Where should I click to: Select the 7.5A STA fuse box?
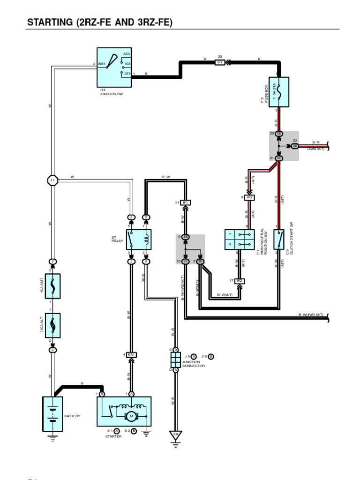point(279,92)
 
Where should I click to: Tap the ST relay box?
point(138,240)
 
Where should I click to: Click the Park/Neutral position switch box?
point(240,240)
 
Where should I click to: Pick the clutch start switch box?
point(279,240)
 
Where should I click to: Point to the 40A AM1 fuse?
point(52,286)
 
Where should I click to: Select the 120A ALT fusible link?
point(52,325)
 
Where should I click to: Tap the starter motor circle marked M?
point(132,416)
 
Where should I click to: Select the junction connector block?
point(175,360)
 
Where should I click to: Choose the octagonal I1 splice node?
point(52,180)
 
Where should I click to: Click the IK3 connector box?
point(249,198)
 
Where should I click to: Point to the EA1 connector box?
point(132,354)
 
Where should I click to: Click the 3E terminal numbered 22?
point(295,146)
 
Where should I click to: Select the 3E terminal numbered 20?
point(279,134)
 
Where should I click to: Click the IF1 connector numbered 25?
point(220,62)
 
